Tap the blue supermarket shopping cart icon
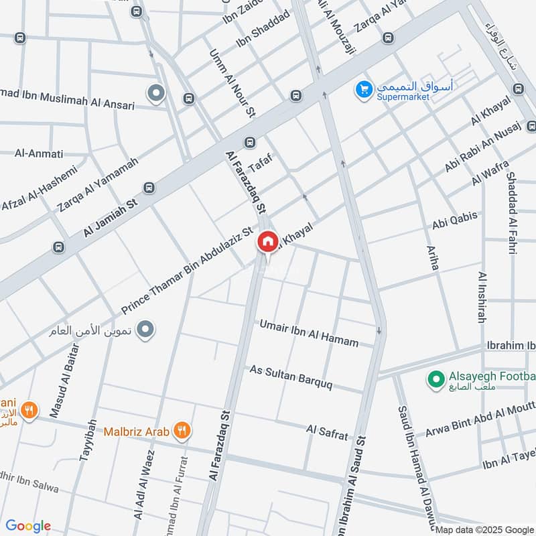(x=364, y=88)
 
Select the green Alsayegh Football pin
(x=437, y=380)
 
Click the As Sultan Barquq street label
(x=296, y=379)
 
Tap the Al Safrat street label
(x=328, y=432)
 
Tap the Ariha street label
(x=433, y=257)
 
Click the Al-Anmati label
(x=39, y=153)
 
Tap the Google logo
(x=28, y=526)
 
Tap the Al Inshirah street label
(x=482, y=297)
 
